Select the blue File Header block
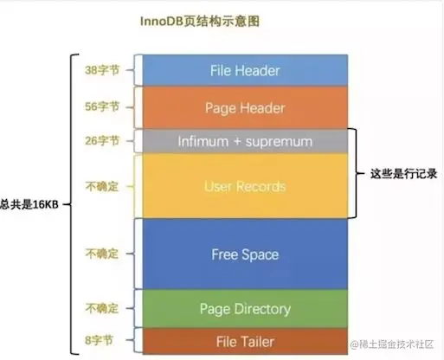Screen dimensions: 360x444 (x=245, y=70)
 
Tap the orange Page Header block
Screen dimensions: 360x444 (x=245, y=108)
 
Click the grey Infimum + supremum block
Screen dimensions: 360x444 (x=245, y=140)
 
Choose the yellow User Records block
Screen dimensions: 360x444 (x=245, y=186)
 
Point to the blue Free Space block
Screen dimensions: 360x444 (x=245, y=254)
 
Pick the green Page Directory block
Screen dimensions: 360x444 (x=245, y=309)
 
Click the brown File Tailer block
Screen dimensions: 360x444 (x=245, y=341)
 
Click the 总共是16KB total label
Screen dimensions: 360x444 (x=29, y=204)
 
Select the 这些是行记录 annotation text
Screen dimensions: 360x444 (x=401, y=173)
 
